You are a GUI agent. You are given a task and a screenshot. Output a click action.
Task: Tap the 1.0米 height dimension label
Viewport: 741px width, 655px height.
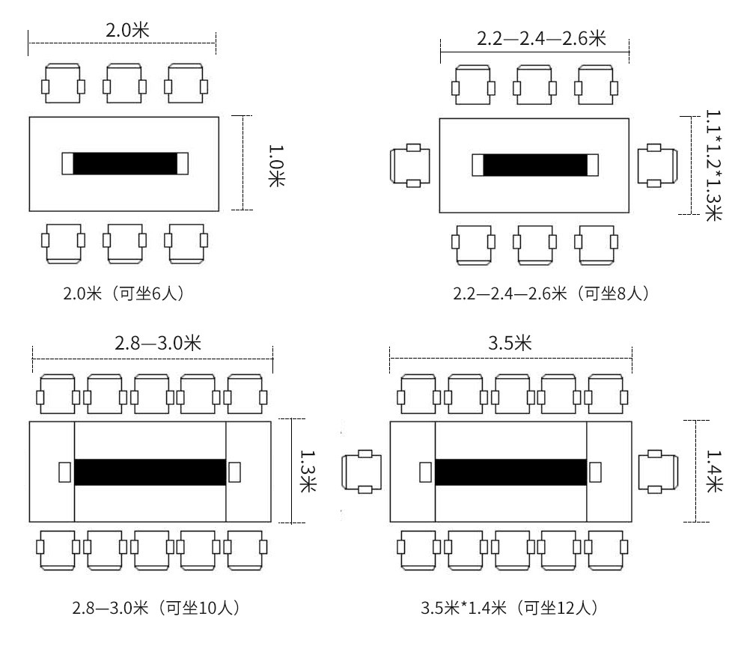pyautogui.click(x=275, y=162)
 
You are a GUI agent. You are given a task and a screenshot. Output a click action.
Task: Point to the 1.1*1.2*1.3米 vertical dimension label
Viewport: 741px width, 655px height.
pyautogui.click(x=713, y=165)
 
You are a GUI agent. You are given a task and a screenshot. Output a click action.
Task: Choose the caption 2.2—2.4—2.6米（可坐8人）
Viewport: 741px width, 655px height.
pyautogui.click(x=551, y=293)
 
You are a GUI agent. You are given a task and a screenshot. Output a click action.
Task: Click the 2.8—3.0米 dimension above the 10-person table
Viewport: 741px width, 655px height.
pyautogui.click(x=157, y=344)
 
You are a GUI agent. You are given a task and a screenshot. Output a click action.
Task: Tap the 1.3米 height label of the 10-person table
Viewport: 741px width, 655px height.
pyautogui.click(x=308, y=471)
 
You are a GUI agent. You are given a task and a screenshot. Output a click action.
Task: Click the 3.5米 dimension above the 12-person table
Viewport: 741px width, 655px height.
pyautogui.click(x=510, y=344)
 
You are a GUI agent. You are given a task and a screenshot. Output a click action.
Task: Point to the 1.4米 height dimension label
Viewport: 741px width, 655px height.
pyautogui.click(x=713, y=471)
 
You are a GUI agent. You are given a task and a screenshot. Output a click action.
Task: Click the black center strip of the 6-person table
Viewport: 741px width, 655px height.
pyautogui.click(x=124, y=163)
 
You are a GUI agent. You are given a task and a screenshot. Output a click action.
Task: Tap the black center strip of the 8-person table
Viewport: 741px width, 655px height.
pyautogui.click(x=535, y=165)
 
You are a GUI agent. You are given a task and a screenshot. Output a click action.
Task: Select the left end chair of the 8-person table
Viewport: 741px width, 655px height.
pyautogui.click(x=411, y=165)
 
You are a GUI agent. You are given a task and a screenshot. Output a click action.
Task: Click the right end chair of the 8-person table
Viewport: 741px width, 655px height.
pyautogui.click(x=657, y=165)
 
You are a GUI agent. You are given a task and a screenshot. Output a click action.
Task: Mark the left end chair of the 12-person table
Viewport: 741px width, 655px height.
pyautogui.click(x=362, y=472)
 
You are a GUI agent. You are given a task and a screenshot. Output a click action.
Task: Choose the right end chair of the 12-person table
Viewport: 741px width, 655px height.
pyautogui.click(x=659, y=472)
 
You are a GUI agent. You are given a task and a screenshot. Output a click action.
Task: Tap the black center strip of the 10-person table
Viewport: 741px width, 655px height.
pyautogui.click(x=150, y=472)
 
